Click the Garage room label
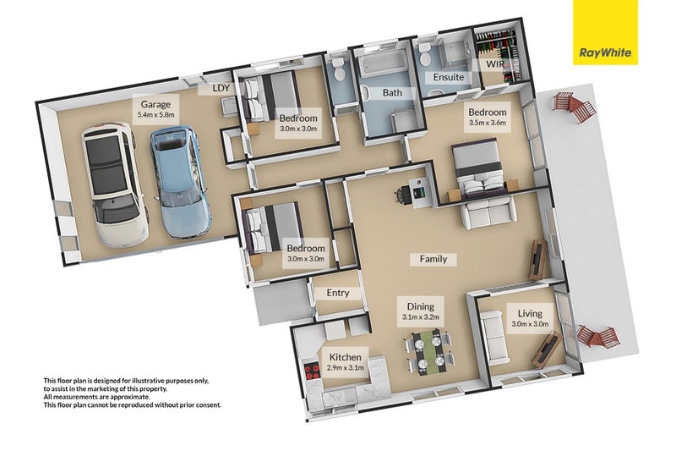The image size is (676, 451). click(144, 105)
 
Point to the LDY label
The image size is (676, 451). click(221, 88)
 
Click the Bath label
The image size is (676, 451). click(392, 92)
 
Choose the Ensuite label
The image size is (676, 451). click(448, 77)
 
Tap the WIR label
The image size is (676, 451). click(494, 64)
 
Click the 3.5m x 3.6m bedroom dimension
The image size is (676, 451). click(487, 123)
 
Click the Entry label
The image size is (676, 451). click(338, 293)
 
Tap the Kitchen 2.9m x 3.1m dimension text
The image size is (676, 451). click(345, 368)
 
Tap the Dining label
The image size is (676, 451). click(420, 306)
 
